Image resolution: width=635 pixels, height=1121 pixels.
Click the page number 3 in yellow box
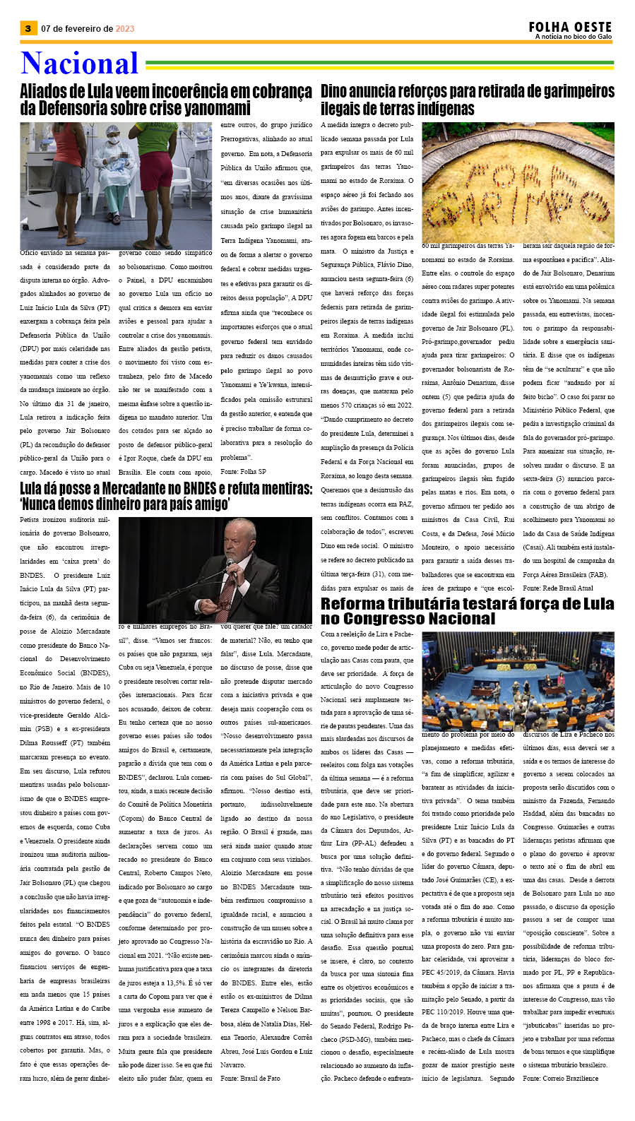[28, 28]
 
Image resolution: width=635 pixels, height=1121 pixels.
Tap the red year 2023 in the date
[125, 29]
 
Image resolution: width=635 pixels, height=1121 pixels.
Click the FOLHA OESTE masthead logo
[570, 27]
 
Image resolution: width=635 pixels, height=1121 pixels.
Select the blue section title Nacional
[79, 63]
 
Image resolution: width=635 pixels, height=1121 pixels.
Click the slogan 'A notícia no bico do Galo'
[573, 37]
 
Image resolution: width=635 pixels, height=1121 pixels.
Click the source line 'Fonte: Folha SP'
[243, 471]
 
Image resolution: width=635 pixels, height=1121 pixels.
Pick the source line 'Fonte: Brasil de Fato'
[250, 1079]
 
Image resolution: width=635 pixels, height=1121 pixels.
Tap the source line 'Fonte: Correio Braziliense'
[560, 1078]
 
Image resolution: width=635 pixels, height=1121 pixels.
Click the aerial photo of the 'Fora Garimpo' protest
[518, 182]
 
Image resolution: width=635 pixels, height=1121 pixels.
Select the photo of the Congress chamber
[518, 680]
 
